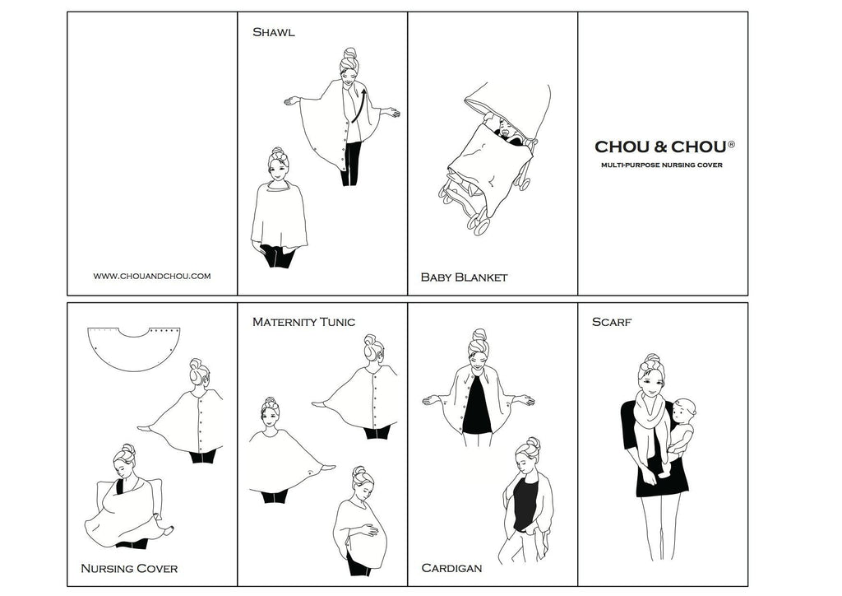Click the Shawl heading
pyautogui.click(x=273, y=32)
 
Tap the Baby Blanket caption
pyautogui.click(x=464, y=277)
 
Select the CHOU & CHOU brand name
pyautogui.click(x=662, y=147)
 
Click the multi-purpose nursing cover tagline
pyautogui.click(x=662, y=165)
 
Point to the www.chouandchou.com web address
pyautogui.click(x=152, y=277)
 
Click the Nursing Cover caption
pyautogui.click(x=129, y=569)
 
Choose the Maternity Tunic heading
pyautogui.click(x=303, y=322)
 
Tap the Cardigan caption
pyautogui.click(x=451, y=568)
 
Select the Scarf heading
pyautogui.click(x=612, y=322)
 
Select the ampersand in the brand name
pyautogui.click(x=660, y=147)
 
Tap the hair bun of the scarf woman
pyautogui.click(x=652, y=360)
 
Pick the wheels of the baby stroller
pyautogui.click(x=468, y=210)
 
